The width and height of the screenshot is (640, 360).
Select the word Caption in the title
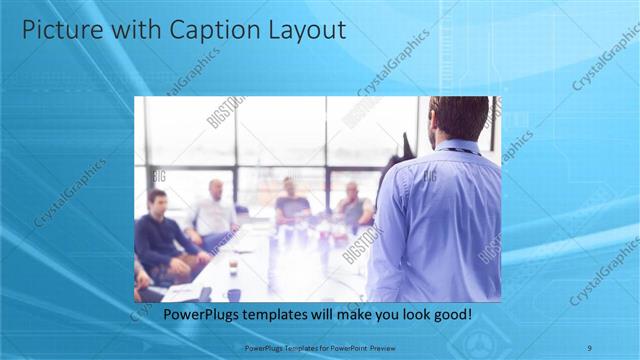pos(212,30)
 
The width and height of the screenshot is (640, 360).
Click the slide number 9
pos(590,347)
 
